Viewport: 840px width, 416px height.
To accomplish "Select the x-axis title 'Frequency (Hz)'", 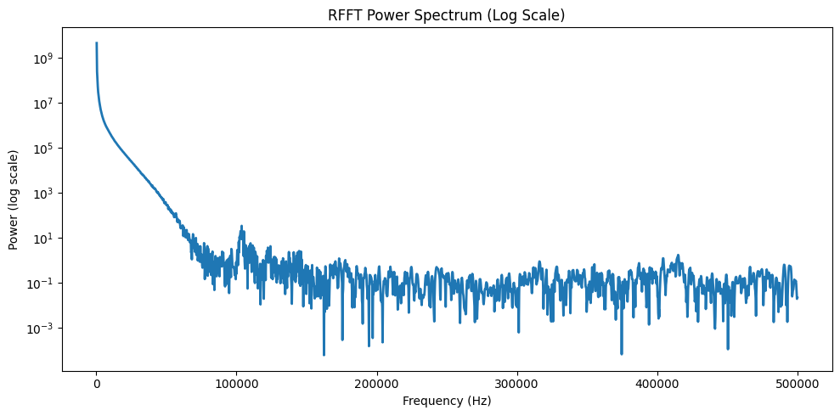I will click(446, 401).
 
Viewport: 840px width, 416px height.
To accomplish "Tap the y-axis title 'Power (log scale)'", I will click(14, 200).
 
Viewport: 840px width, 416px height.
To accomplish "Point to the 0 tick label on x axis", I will click(96, 384).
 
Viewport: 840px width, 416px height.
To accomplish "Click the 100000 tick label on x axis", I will click(236, 384).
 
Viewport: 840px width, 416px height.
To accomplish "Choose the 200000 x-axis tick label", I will click(376, 384).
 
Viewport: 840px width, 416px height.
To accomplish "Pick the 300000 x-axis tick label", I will click(517, 384).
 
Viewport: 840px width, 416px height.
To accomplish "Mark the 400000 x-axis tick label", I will click(657, 384).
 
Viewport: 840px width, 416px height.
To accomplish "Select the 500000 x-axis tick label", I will click(798, 384).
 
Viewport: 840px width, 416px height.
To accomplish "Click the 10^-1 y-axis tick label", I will click(42, 284).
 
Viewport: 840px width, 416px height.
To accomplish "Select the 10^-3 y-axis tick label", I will click(42, 329).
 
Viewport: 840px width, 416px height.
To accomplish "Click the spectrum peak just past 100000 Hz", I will click(242, 227).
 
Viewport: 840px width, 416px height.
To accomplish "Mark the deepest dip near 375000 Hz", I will click(622, 353).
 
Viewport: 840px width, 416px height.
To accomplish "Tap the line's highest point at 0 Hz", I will click(97, 43).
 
